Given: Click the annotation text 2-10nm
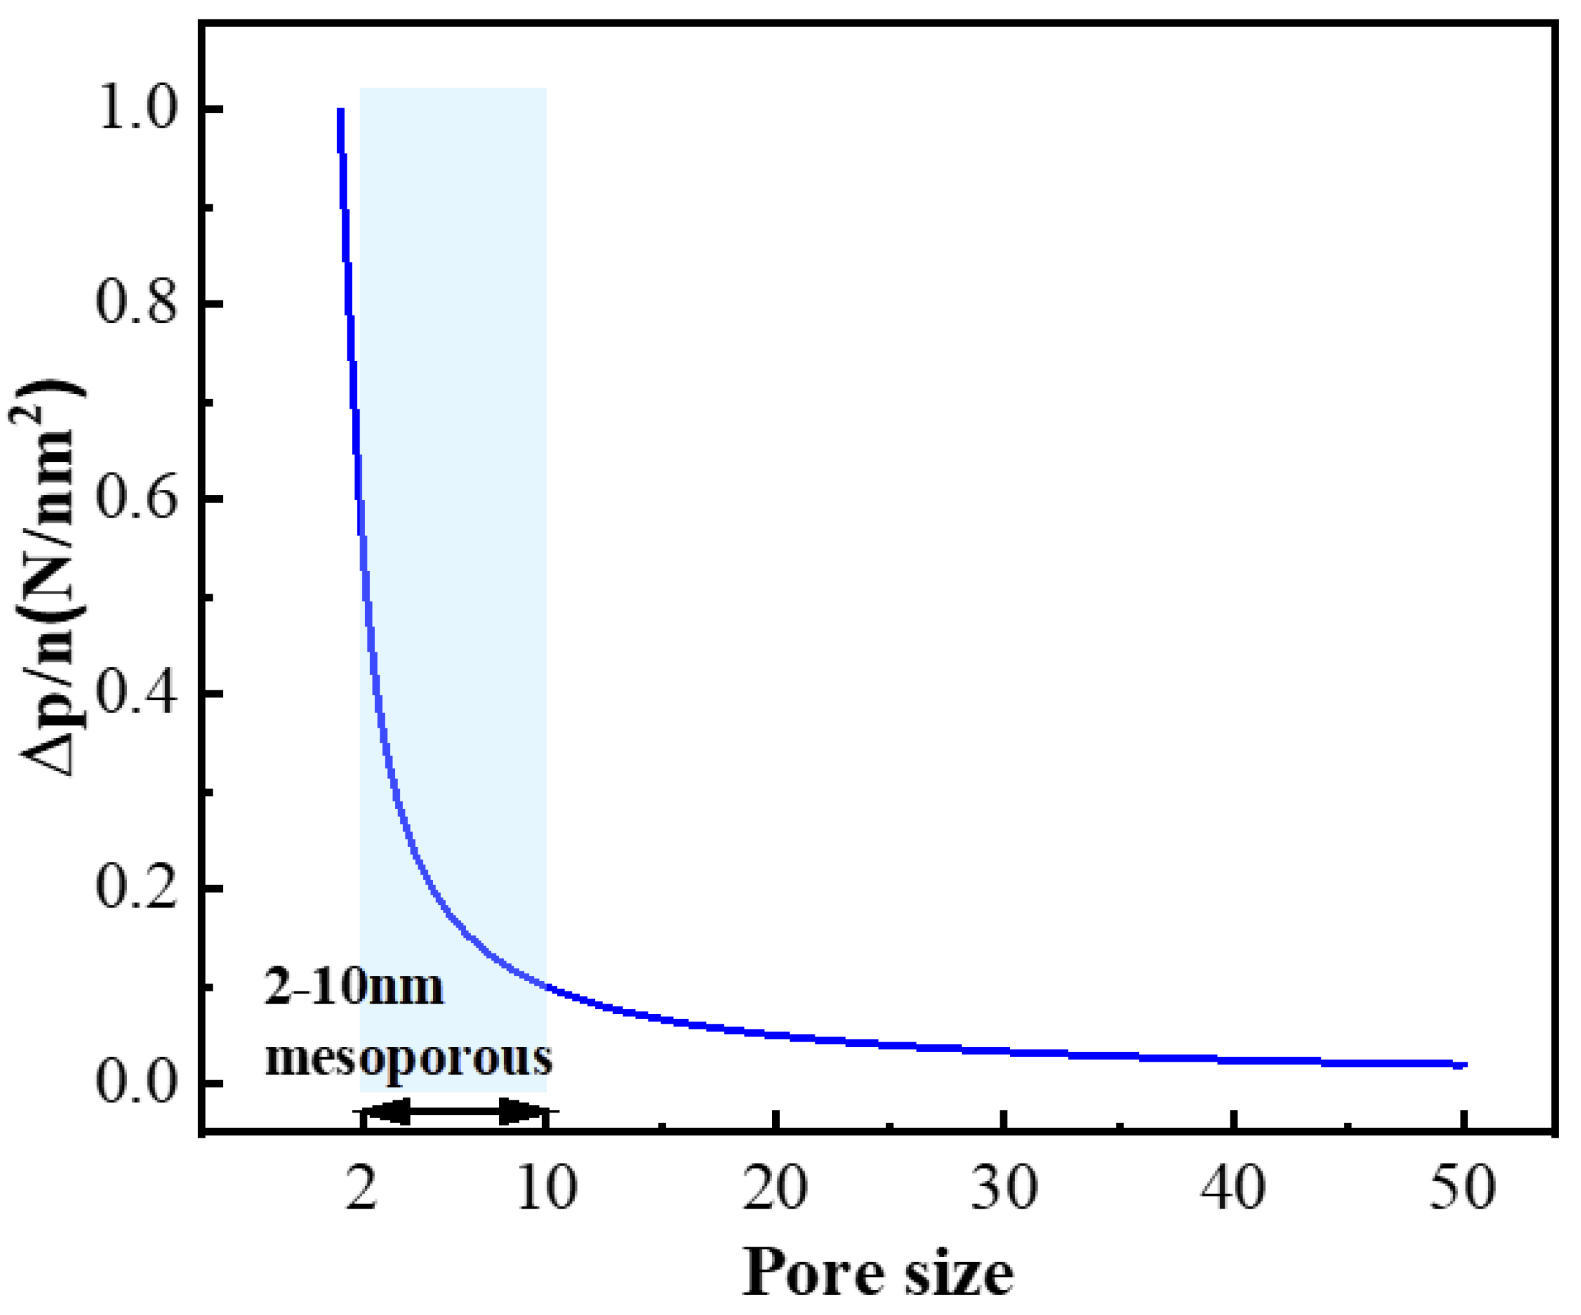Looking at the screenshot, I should point(354,988).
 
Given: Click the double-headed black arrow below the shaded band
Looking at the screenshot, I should point(454,1110).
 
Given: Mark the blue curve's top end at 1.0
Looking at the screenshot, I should point(341,112).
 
